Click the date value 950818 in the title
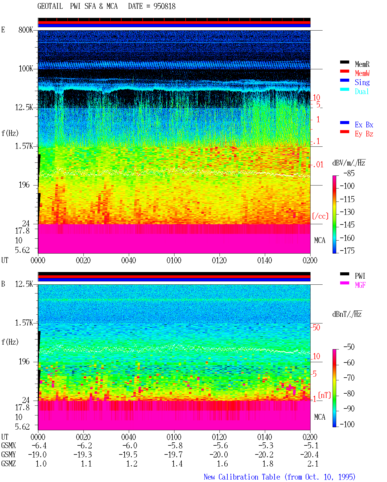point(164,6)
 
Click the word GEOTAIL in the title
point(50,6)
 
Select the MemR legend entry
point(362,64)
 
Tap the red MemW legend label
point(362,73)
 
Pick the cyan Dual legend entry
point(362,91)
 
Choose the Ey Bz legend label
point(364,134)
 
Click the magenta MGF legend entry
point(360,285)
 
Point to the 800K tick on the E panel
point(25,30)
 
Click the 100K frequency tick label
point(26,69)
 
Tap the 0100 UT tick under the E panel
point(174,261)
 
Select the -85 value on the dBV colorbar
point(349,173)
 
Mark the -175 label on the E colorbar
point(347,251)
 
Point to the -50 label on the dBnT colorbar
point(349,347)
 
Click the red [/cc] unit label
point(320,216)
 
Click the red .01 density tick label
point(318,165)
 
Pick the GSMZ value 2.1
point(313,464)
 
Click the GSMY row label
point(8,454)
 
